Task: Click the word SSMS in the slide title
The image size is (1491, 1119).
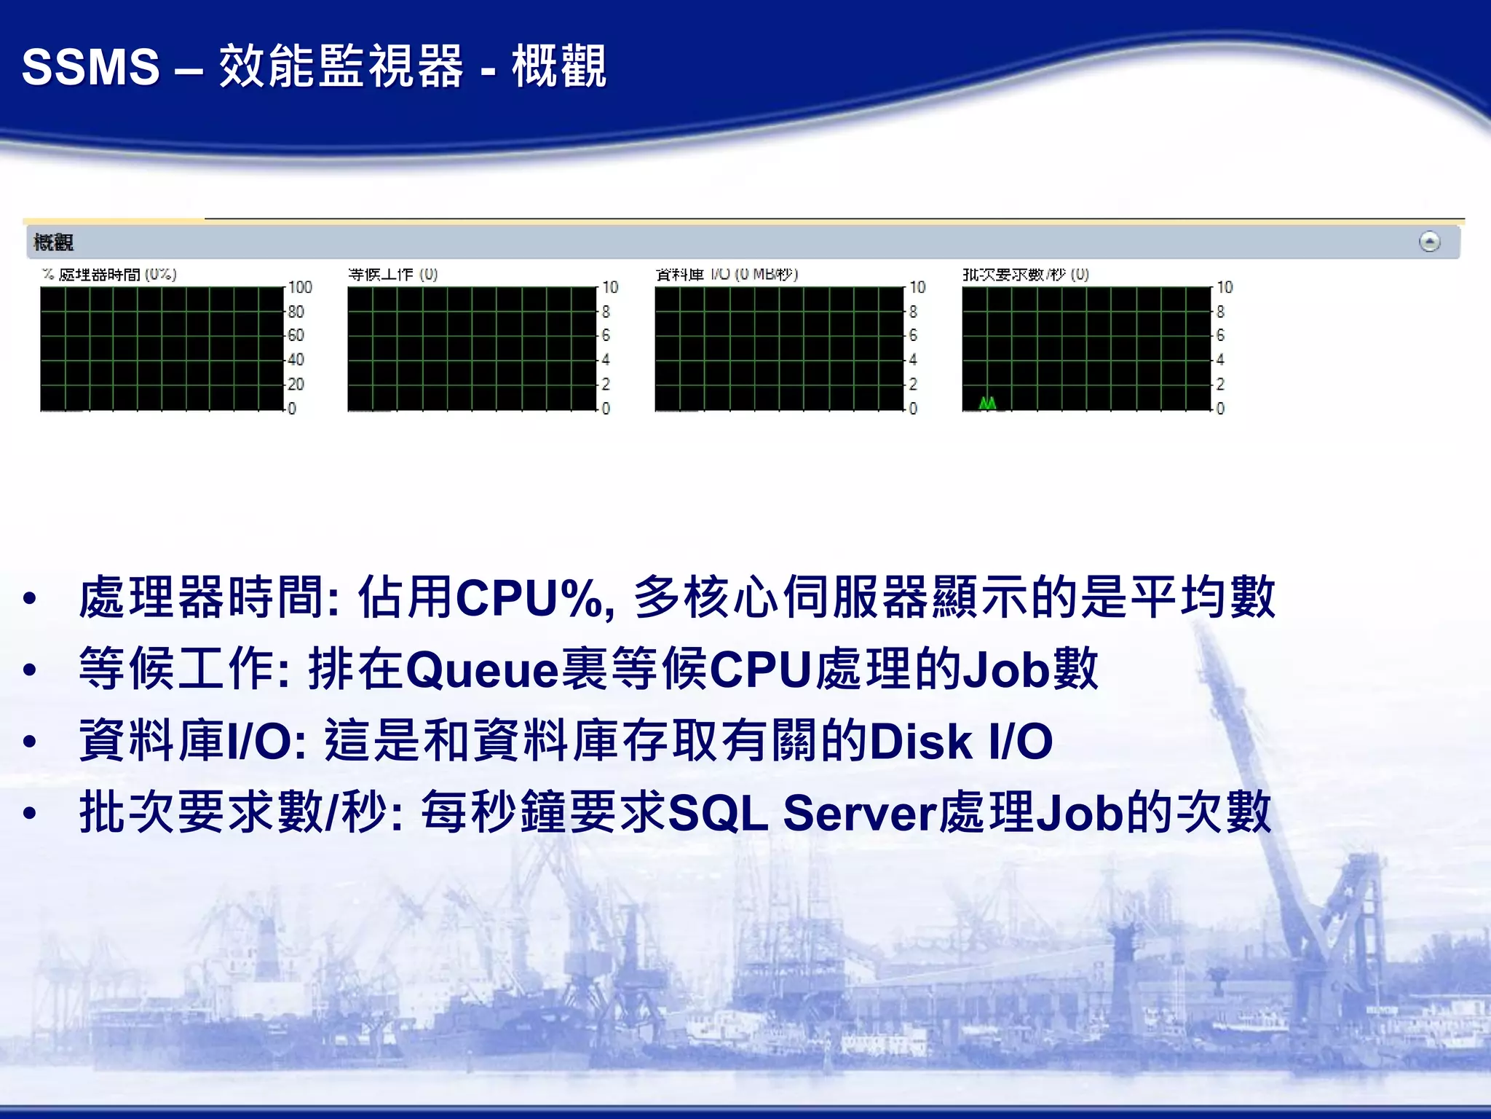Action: (90, 67)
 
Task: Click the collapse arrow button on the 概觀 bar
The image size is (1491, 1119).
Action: (1429, 242)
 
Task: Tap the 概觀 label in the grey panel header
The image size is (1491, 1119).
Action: (53, 243)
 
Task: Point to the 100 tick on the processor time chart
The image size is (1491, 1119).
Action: (300, 288)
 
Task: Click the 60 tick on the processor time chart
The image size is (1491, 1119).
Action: (296, 336)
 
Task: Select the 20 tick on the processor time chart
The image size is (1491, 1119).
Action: (296, 384)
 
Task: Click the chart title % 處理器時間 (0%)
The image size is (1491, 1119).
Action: (109, 275)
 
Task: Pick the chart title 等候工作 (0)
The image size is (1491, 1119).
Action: (392, 275)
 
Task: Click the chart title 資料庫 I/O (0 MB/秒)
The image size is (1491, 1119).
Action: (727, 275)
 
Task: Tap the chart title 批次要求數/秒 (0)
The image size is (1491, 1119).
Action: (1026, 275)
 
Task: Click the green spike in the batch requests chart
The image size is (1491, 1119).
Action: (987, 403)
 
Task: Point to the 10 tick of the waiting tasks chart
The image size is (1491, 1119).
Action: (610, 288)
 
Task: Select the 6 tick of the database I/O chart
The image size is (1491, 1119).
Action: (914, 336)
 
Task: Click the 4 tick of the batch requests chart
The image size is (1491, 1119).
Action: (1221, 360)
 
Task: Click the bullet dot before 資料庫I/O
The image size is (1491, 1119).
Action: (30, 742)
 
